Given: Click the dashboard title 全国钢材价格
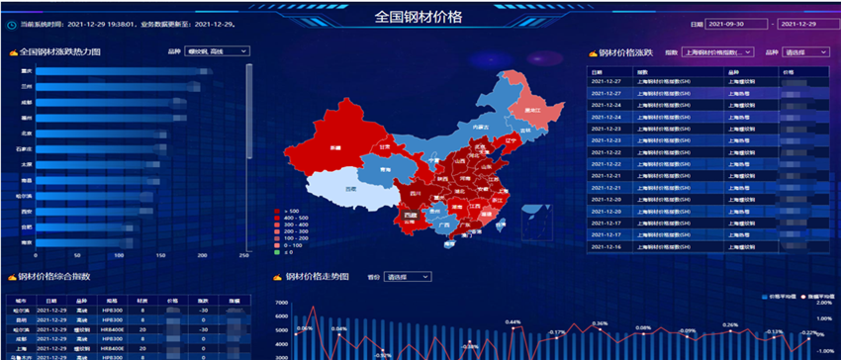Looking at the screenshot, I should coord(420,17).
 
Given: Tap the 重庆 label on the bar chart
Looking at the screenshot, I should coord(28,71).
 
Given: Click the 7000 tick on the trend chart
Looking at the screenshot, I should coord(281,303).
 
